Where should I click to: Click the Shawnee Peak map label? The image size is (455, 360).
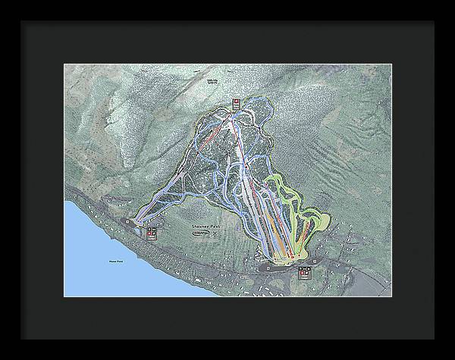pos(204,225)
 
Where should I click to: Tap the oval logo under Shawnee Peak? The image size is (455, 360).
pos(202,233)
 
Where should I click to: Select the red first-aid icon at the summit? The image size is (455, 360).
pos(237,102)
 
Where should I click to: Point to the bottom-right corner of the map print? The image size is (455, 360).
pos(391,296)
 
